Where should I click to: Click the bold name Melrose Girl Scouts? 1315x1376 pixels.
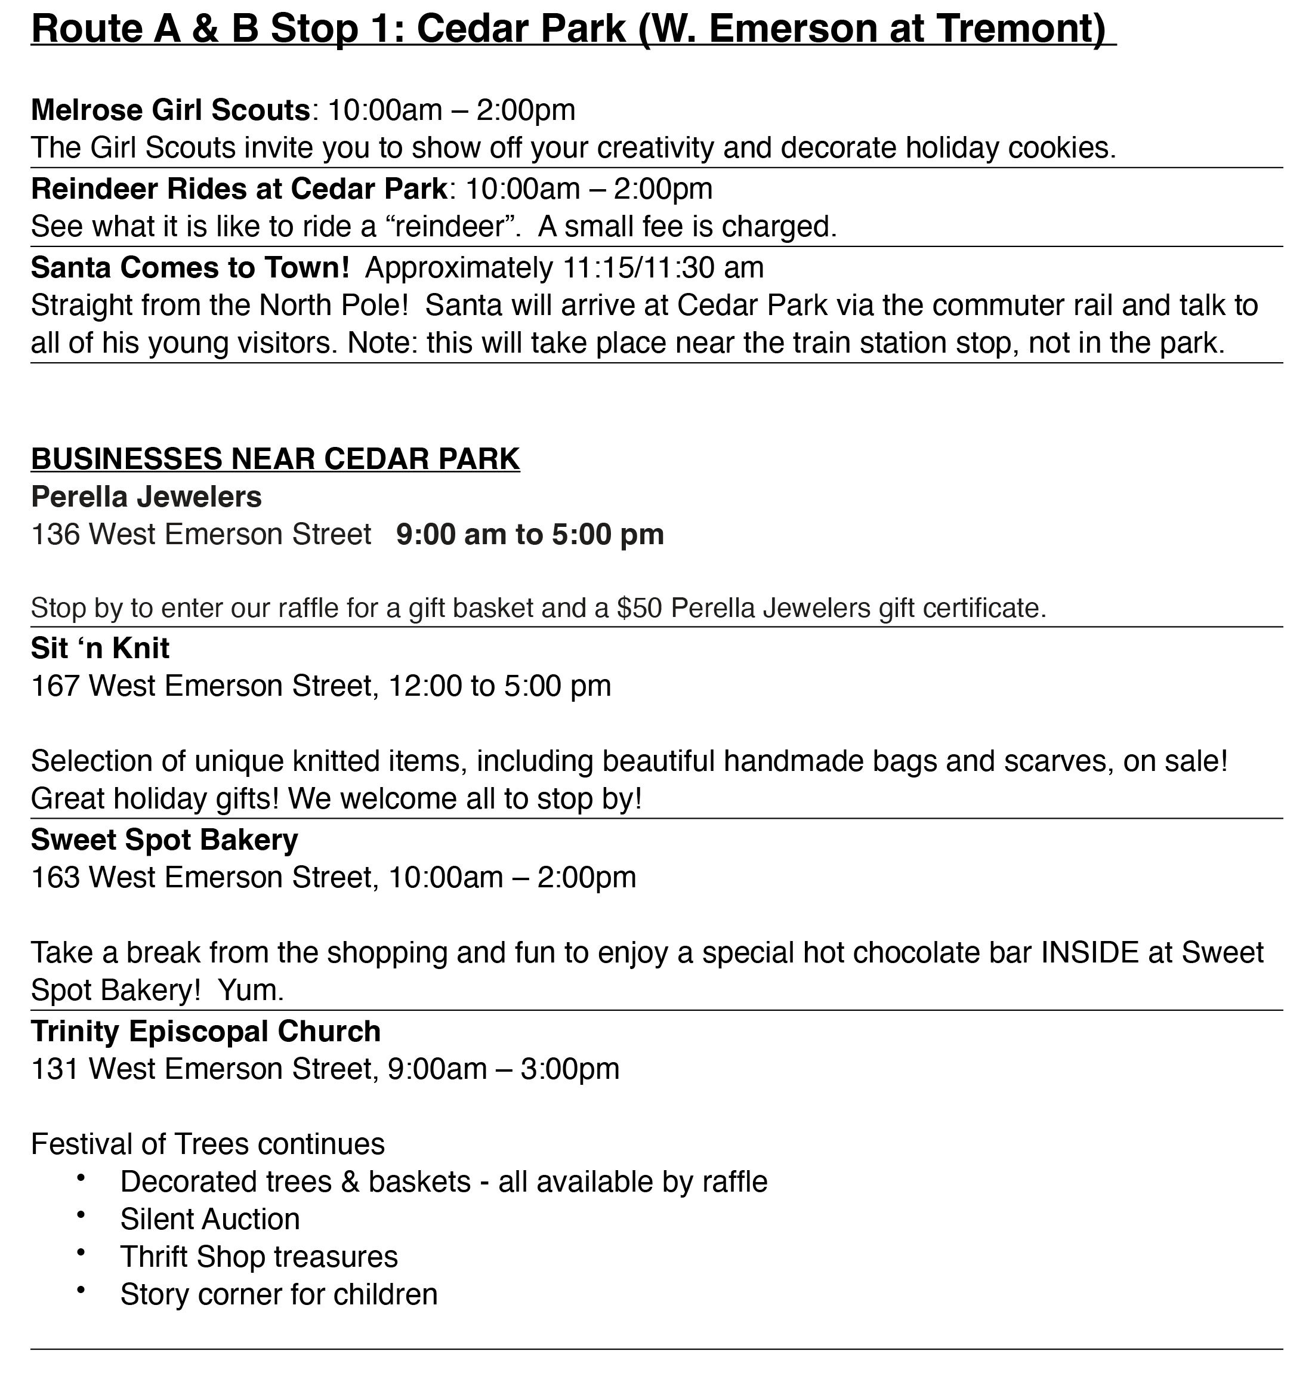click(170, 110)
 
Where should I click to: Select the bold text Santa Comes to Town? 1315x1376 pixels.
click(190, 268)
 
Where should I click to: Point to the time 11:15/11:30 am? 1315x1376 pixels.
click(663, 268)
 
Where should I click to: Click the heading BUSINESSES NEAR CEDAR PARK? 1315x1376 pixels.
click(276, 459)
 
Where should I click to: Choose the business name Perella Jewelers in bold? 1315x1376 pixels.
click(146, 497)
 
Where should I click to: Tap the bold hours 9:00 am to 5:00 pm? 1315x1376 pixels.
click(530, 535)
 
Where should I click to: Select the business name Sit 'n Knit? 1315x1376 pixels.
click(100, 649)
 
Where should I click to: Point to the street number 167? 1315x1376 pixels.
click(55, 686)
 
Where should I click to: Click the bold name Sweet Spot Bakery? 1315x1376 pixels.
click(165, 840)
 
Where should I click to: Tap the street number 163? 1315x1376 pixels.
click(55, 878)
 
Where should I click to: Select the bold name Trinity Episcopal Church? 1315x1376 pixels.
click(206, 1032)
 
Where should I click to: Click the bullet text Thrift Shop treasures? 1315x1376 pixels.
click(259, 1257)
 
